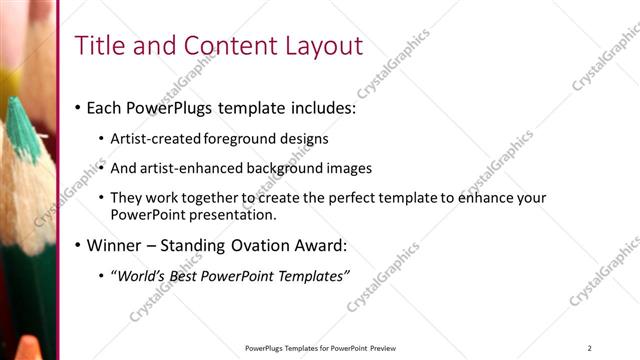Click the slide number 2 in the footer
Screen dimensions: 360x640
590,348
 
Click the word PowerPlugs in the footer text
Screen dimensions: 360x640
265,348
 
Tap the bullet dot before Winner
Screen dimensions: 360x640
78,245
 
